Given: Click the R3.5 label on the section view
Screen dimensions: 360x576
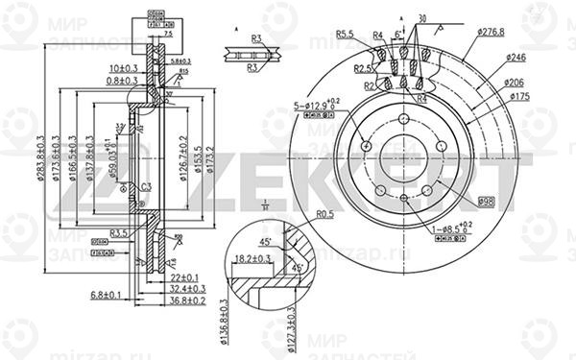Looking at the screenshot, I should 119,232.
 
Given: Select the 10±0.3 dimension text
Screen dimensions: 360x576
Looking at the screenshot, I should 122,68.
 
